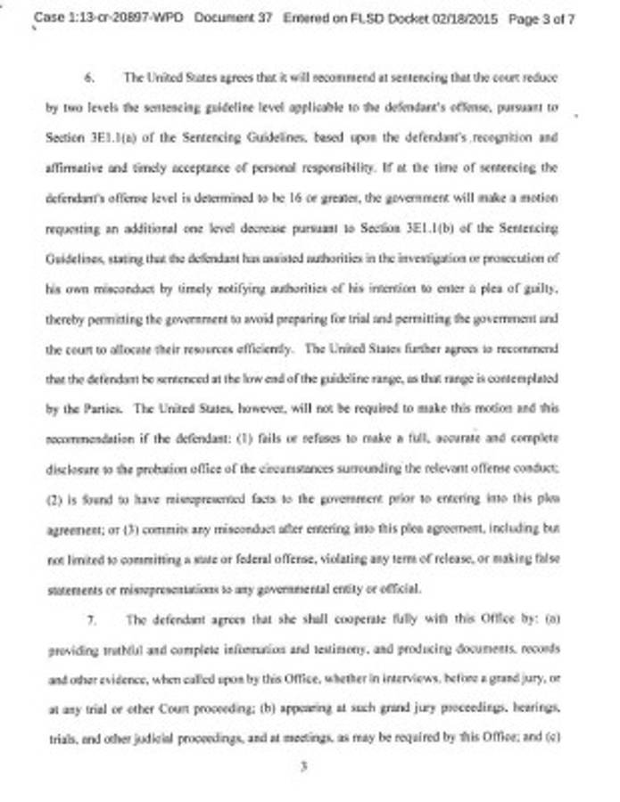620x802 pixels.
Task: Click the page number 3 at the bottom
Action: pyautogui.click(x=304, y=765)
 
